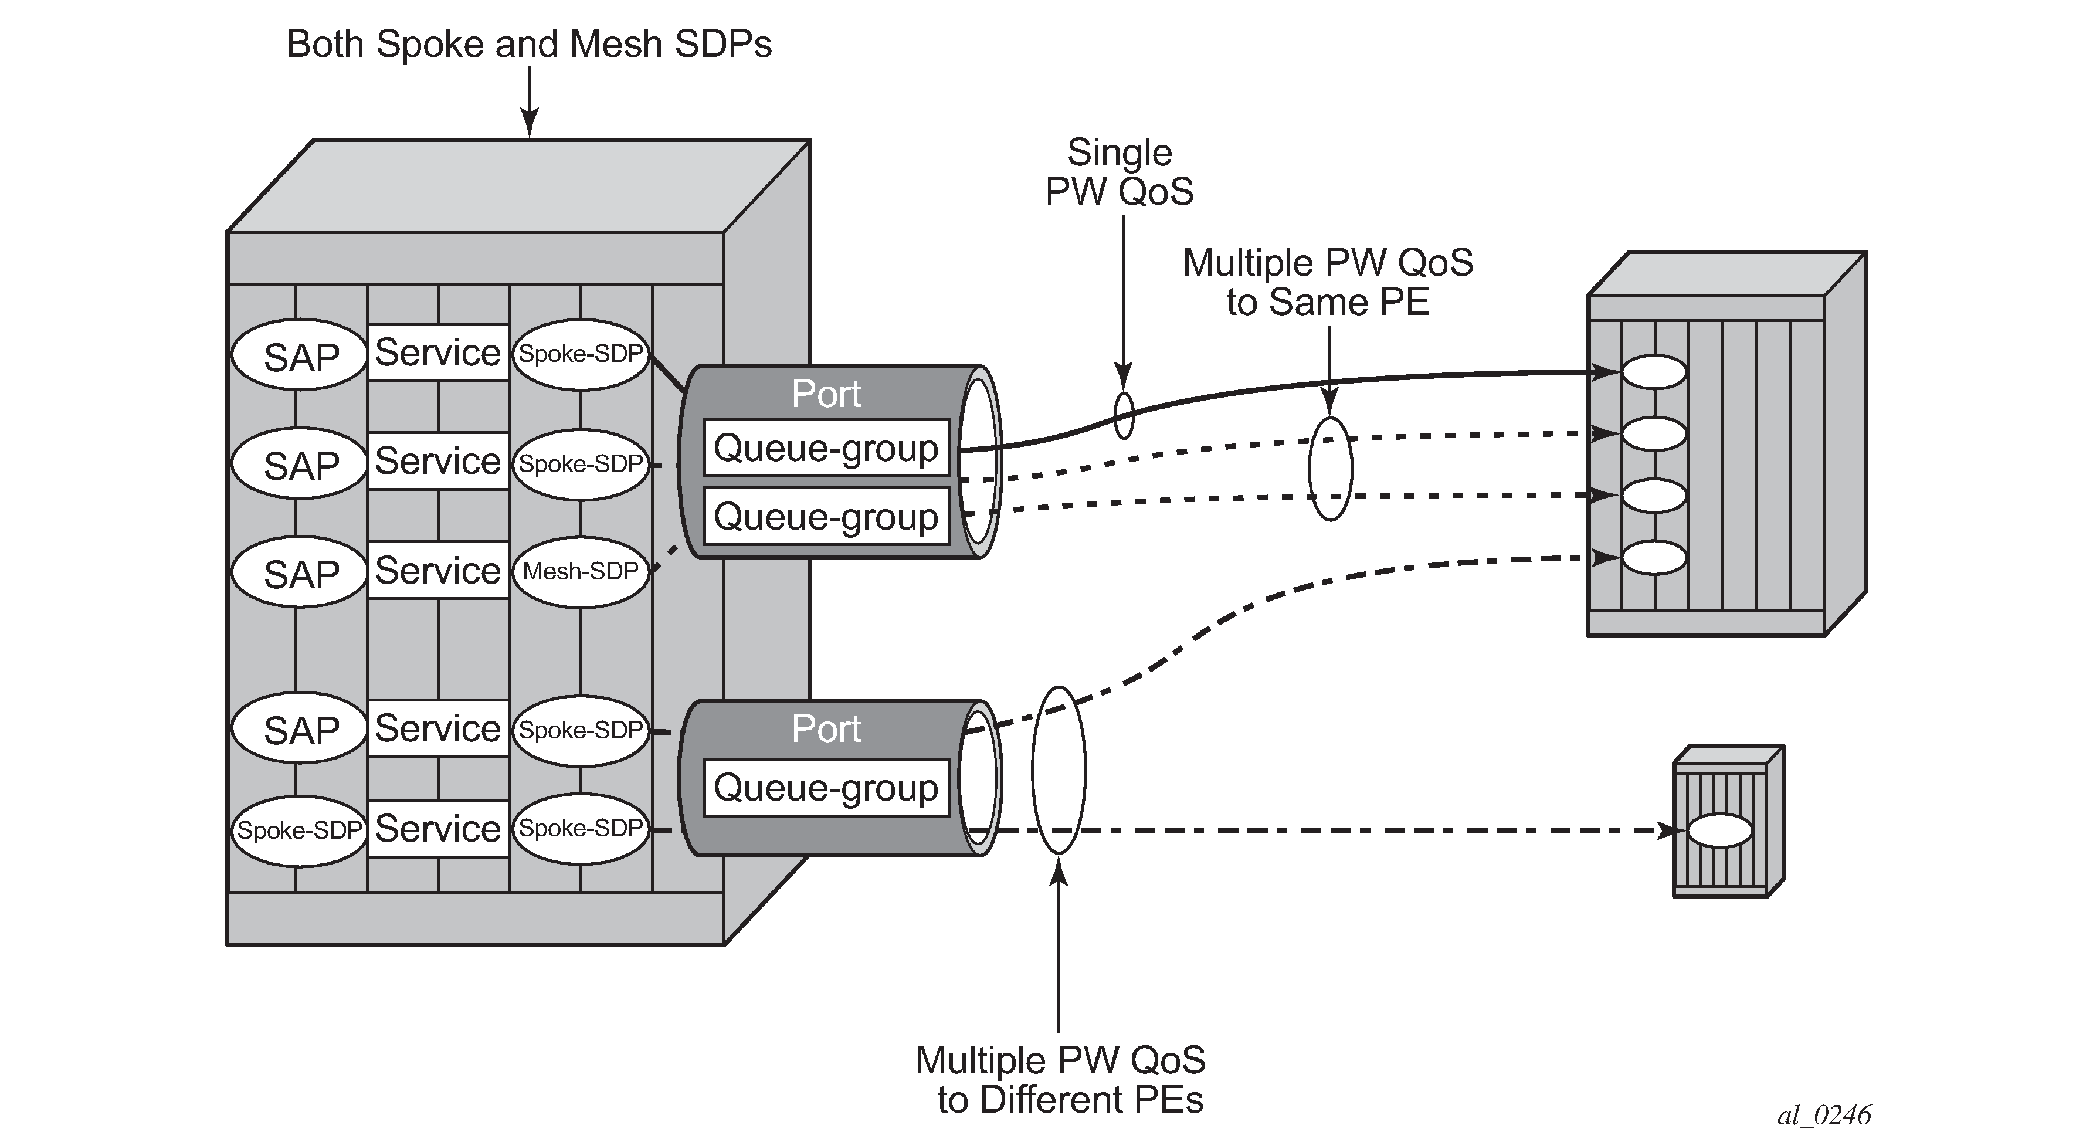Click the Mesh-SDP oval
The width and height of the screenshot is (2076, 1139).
click(580, 571)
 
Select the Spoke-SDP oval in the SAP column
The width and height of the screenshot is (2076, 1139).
click(299, 830)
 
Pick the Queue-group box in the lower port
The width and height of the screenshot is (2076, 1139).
click(826, 788)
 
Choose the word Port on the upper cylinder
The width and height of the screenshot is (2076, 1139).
click(826, 394)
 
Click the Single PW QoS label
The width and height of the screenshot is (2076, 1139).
click(1120, 172)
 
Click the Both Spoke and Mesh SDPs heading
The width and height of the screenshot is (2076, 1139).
click(528, 45)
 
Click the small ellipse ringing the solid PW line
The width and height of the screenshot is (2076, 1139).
click(1124, 415)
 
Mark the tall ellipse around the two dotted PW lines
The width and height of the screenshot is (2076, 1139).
click(1329, 469)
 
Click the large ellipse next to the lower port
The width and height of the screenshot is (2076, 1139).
click(1059, 770)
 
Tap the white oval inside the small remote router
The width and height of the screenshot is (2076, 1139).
click(1720, 830)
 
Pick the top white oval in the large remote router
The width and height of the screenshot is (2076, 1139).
click(1654, 372)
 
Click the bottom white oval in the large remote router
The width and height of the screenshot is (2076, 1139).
click(1654, 557)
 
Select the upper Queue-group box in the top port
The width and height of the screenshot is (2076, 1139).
click(826, 448)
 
